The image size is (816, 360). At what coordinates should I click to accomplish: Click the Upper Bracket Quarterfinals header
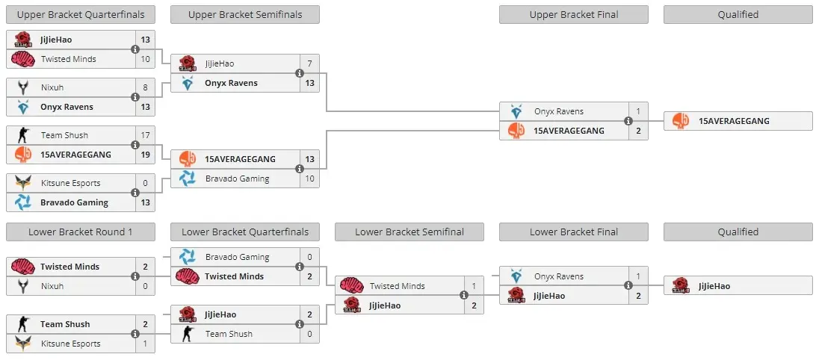click(81, 15)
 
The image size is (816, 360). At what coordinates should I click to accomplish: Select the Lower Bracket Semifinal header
click(409, 232)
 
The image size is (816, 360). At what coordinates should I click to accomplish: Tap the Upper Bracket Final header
click(574, 15)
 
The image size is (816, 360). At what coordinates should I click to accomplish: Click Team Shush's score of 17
click(145, 135)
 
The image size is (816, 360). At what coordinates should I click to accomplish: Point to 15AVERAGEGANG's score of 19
click(145, 155)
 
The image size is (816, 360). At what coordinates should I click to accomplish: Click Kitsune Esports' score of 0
click(145, 183)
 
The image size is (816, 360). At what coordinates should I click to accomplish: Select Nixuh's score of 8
click(145, 87)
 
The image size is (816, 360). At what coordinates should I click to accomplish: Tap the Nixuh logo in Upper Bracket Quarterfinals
click(23, 87)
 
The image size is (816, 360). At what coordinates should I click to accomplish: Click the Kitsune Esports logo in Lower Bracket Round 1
click(23, 344)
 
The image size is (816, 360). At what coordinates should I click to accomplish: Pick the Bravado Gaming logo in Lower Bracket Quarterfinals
click(188, 257)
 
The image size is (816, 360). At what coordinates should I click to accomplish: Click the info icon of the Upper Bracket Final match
click(628, 121)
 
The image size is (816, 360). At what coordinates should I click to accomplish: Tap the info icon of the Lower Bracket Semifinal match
click(464, 296)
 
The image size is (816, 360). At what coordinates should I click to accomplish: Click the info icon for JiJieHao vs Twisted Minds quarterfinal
click(135, 49)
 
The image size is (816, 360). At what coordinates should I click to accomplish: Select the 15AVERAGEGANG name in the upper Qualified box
click(734, 121)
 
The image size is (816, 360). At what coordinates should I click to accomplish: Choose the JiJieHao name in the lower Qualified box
click(714, 286)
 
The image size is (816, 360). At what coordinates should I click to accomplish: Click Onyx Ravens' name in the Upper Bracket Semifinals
click(231, 83)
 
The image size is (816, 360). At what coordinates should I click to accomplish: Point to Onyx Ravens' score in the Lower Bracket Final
click(639, 277)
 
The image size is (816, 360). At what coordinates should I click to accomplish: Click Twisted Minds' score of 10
click(145, 59)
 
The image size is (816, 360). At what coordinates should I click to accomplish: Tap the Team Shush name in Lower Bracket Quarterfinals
click(229, 334)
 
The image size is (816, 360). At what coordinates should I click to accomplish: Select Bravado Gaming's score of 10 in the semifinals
click(309, 179)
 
